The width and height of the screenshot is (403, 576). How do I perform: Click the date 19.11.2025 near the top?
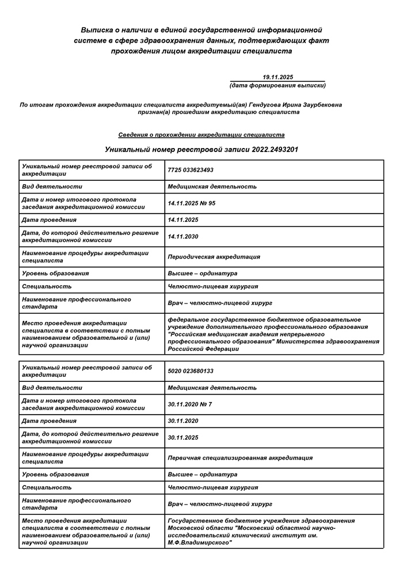(278, 77)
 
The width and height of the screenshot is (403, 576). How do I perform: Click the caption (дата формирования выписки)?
(277, 85)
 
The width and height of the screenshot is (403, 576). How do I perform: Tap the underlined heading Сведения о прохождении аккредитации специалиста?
(201, 134)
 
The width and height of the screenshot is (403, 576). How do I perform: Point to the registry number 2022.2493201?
(275, 149)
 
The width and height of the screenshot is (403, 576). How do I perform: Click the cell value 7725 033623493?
(191, 170)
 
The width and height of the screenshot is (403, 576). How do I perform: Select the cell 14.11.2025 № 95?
(191, 203)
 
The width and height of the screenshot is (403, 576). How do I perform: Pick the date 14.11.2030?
(183, 236)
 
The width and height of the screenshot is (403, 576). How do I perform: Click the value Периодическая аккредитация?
(214, 257)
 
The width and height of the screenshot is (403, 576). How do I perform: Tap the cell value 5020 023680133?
(191, 371)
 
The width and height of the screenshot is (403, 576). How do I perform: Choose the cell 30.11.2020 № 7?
(189, 404)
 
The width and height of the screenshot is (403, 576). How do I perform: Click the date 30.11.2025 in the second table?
(183, 437)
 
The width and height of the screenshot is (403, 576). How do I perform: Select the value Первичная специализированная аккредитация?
(240, 458)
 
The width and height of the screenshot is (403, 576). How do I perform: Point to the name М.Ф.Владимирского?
(199, 543)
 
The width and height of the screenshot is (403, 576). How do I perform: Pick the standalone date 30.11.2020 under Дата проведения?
(183, 420)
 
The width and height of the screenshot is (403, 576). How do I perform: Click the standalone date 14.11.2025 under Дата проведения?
(183, 219)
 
